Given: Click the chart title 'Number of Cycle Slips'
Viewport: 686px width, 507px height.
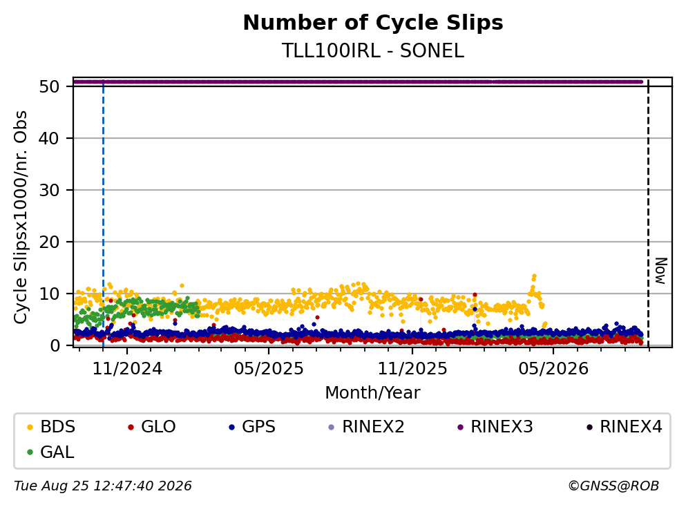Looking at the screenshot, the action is (x=373, y=23).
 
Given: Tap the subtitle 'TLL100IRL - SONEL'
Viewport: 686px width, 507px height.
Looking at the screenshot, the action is (x=373, y=50).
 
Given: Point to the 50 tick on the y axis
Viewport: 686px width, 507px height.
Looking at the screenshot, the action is (x=49, y=86).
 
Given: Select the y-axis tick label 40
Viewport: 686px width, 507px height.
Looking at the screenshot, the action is (x=49, y=138).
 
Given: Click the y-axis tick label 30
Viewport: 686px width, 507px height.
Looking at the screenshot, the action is (x=49, y=190).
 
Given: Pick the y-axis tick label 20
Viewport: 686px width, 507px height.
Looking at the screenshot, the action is (x=49, y=242).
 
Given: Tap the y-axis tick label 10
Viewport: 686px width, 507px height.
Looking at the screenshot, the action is (x=49, y=294).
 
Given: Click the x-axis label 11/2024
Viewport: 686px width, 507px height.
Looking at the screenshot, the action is (x=127, y=369).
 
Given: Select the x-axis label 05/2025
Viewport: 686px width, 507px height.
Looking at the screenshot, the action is (x=269, y=369).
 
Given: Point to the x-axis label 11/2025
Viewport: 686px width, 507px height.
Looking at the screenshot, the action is (x=412, y=369).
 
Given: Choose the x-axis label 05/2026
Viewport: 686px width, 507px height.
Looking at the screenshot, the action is (x=553, y=369).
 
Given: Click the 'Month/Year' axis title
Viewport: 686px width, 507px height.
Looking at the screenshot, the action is (x=373, y=393).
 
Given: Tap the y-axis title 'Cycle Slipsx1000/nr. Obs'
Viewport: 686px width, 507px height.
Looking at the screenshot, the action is (x=21, y=217).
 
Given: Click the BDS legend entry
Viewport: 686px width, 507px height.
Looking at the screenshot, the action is (x=51, y=426).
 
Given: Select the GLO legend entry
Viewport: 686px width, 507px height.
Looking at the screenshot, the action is (x=152, y=426).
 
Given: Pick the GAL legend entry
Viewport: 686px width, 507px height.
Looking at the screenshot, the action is (x=50, y=452).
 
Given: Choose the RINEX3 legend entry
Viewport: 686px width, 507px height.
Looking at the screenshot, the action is (x=495, y=426).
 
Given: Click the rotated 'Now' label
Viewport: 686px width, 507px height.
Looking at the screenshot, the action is (x=660, y=271).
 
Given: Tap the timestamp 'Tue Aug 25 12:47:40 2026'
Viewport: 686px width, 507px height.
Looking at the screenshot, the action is (x=103, y=486).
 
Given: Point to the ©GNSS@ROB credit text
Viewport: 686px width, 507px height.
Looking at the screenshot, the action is (x=613, y=486).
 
